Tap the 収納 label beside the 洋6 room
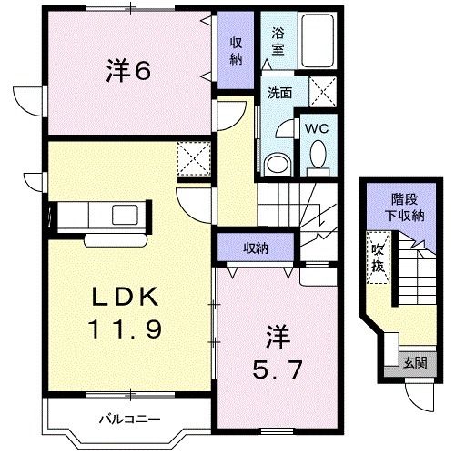click(x=236, y=50)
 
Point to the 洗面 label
click(x=279, y=92)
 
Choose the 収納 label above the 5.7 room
click(x=256, y=248)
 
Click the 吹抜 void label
click(x=377, y=256)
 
